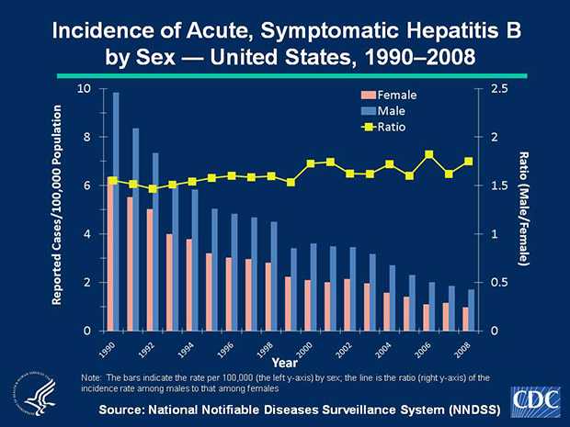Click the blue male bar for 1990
116,211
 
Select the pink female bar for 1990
110,257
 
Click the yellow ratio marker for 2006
429,154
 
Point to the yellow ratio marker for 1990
112,181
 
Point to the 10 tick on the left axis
83,88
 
